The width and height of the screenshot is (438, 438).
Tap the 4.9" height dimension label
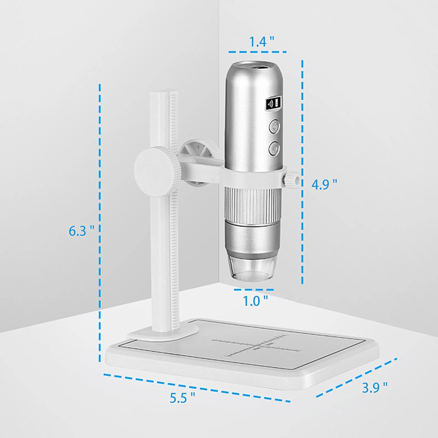[x=324, y=184]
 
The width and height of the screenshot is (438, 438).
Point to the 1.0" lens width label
[x=255, y=301]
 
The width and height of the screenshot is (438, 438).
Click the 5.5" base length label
[x=182, y=397]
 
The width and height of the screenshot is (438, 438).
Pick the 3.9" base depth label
[x=374, y=387]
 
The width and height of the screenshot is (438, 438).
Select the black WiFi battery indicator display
[x=274, y=104]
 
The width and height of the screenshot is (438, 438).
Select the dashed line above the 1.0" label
[x=254, y=290]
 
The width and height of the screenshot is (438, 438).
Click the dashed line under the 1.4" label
[x=257, y=52]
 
